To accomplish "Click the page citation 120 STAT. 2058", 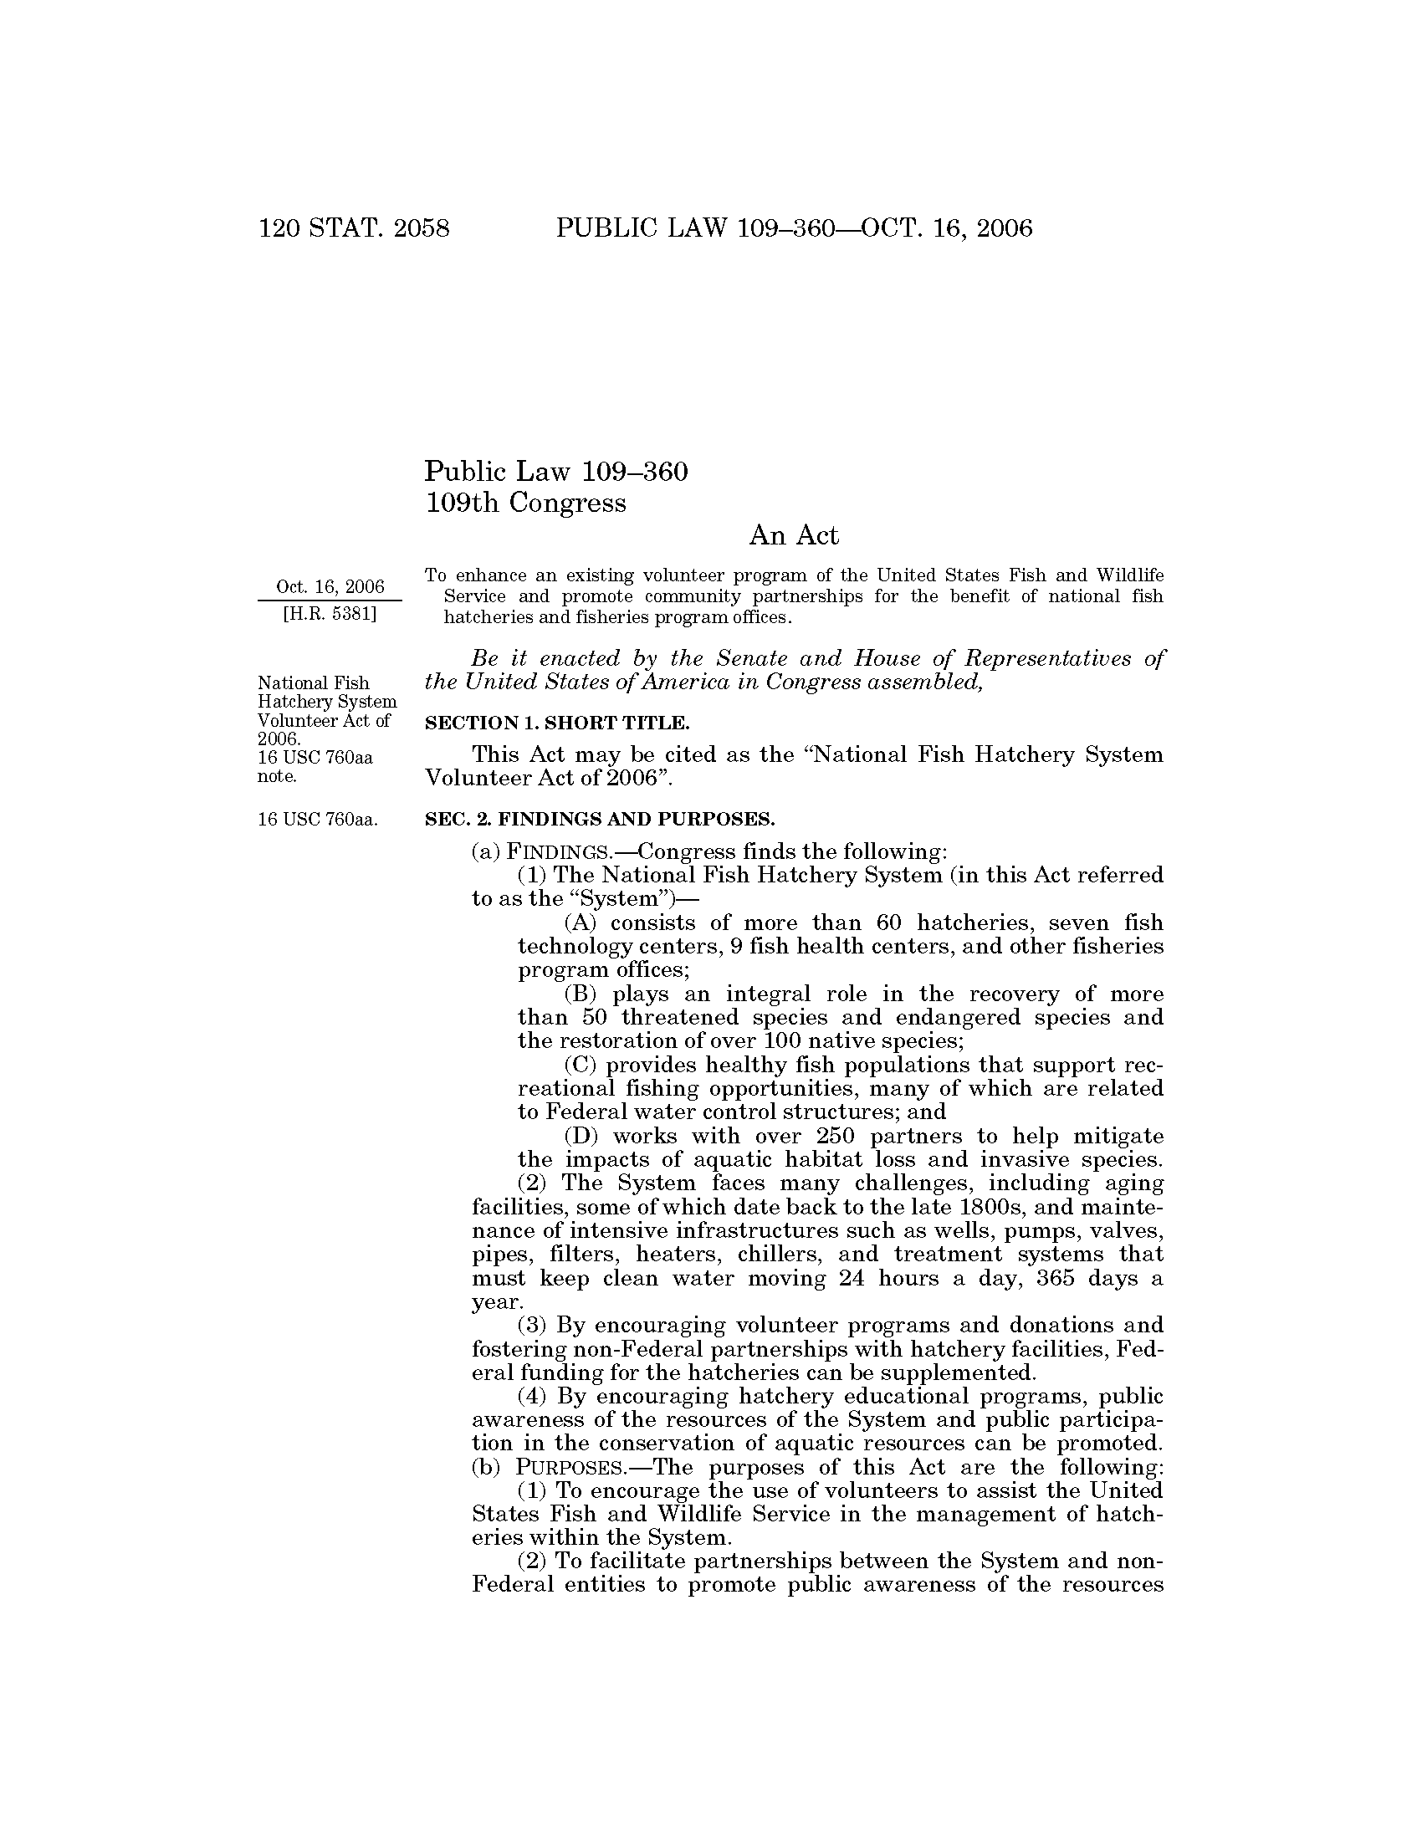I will pos(354,228).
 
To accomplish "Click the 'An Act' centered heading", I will pos(794,535).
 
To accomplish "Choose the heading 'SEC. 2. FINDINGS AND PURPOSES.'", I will pos(599,819).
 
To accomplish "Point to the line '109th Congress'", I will pos(525,503).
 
